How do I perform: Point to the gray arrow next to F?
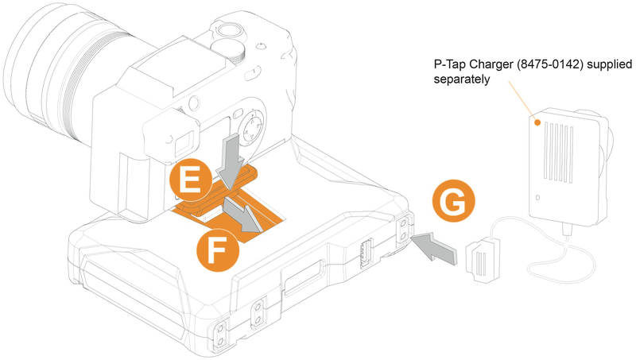point(244,215)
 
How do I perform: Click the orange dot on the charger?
point(538,124)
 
